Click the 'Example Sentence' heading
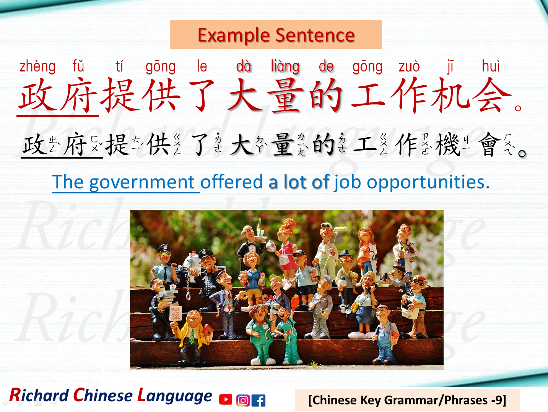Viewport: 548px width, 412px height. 276,35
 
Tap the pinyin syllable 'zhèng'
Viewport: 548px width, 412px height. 37,67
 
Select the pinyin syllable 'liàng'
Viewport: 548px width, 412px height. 285,67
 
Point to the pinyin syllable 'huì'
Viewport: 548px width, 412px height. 491,67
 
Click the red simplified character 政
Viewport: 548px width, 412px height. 37,96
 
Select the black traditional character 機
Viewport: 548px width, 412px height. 447,145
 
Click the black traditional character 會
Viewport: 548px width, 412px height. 489,145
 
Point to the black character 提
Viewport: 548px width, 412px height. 117,145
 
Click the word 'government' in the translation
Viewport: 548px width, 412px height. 142,182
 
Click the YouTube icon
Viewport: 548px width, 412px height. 225,399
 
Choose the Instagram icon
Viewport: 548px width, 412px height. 243,400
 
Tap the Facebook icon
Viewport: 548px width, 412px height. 259,400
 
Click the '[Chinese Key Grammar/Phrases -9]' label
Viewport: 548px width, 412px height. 407,400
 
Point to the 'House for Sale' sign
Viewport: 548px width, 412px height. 176,313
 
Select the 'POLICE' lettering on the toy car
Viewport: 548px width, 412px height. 182,269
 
